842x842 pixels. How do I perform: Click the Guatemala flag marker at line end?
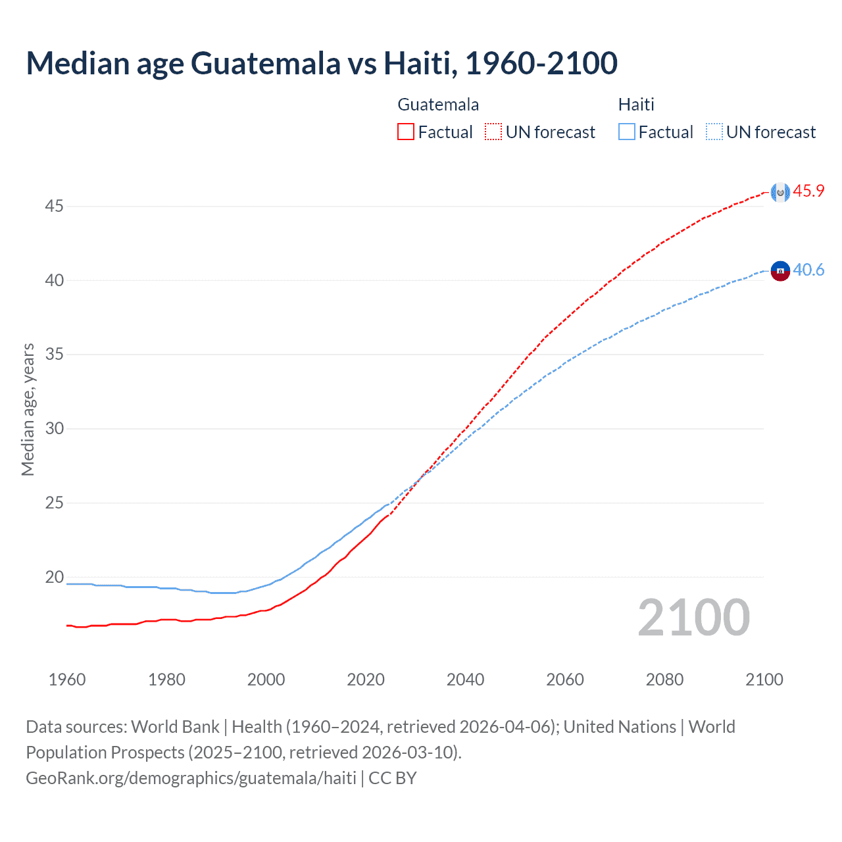click(780, 192)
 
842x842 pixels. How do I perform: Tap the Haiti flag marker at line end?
click(780, 271)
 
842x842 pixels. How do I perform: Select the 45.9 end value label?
click(808, 191)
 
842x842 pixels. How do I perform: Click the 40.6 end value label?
click(808, 270)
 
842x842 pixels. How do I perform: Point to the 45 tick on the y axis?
click(54, 207)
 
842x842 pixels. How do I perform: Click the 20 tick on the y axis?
click(54, 578)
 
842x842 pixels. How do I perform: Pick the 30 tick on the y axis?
click(54, 429)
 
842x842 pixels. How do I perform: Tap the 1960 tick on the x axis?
click(67, 680)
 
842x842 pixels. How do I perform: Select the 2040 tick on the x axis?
click(465, 680)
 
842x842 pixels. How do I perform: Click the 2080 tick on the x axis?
click(664, 680)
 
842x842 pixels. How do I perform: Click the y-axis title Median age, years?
click(28, 409)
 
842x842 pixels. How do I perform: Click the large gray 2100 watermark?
click(693, 618)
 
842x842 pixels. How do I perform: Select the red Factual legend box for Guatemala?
click(406, 132)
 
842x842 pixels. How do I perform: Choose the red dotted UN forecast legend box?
click(493, 132)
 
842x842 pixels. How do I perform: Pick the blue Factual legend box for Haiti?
click(626, 132)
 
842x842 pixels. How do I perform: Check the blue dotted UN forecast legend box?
click(714, 132)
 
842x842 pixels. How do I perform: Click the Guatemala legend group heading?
click(438, 105)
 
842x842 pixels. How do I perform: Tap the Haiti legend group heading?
click(636, 105)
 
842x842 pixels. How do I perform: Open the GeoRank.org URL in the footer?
click(191, 778)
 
